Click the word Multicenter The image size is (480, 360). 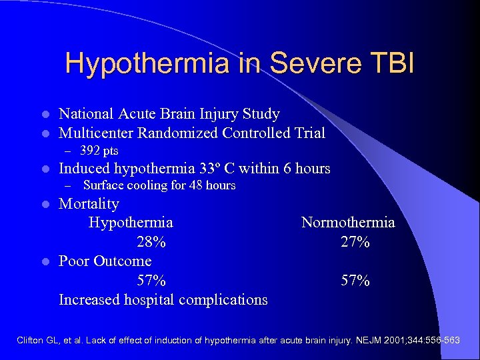click(x=96, y=133)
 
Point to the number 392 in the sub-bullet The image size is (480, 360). click(x=89, y=151)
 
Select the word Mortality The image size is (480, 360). click(x=89, y=204)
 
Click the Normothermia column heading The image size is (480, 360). click(x=348, y=223)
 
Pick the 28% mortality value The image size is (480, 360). click(x=151, y=242)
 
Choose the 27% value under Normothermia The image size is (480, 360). click(x=355, y=242)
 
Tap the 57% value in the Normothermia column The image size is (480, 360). click(x=355, y=281)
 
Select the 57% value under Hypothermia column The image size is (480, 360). click(x=151, y=281)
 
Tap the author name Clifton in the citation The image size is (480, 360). click(x=31, y=341)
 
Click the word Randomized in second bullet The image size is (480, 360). click(x=177, y=133)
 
